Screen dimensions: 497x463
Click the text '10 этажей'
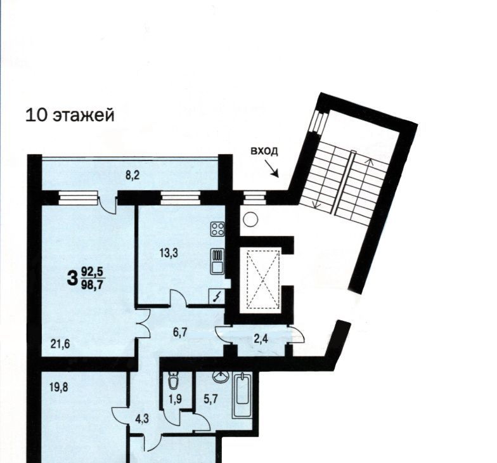pos(70,115)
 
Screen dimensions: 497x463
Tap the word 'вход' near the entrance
pos(264,151)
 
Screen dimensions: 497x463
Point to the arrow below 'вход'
pos(272,169)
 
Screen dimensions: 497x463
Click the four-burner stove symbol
pos(218,229)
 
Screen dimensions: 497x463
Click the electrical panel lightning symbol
pos(217,297)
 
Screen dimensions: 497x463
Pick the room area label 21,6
pos(60,344)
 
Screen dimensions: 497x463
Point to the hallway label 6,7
pos(181,333)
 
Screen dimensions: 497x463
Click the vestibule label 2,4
pos(261,339)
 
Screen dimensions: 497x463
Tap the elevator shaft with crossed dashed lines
pos(264,275)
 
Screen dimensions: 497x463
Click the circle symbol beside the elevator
pos(251,219)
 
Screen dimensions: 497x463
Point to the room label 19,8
pos(60,387)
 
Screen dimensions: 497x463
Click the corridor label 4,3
pos(142,419)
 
